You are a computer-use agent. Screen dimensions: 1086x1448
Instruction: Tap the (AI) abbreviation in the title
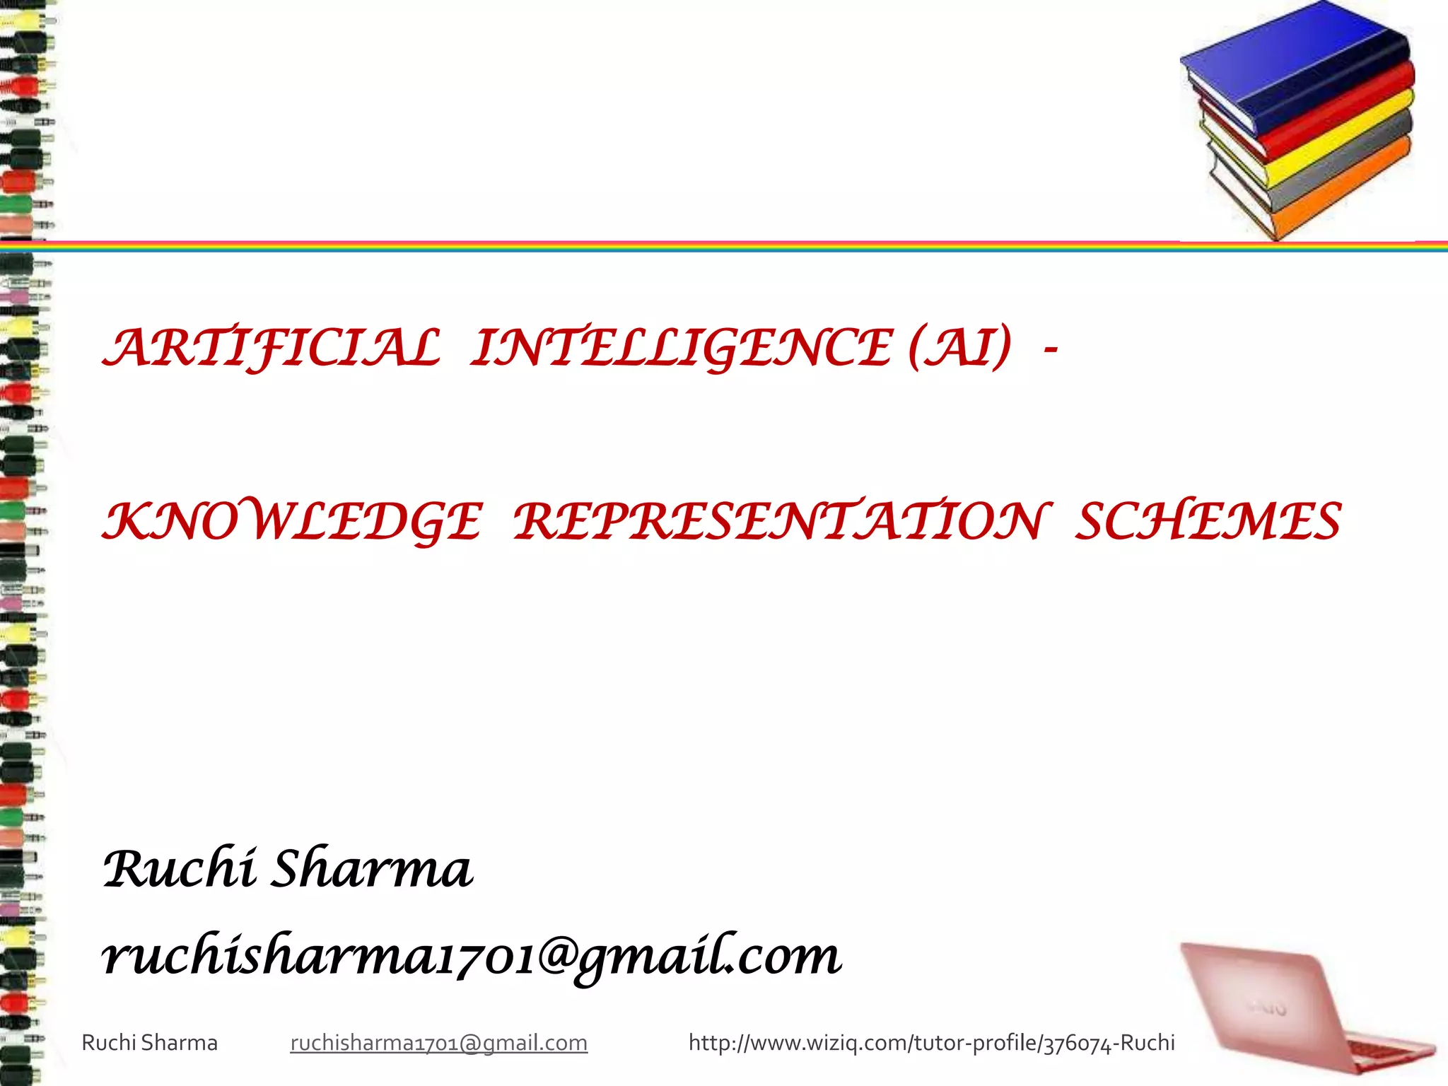click(x=960, y=349)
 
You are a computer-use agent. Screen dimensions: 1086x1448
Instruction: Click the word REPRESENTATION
click(x=778, y=522)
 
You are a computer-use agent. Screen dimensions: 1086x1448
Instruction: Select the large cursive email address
click(x=471, y=956)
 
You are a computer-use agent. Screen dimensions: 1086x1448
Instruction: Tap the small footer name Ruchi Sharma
click(x=150, y=1043)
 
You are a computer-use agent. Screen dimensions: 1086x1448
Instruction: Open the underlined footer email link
click(x=438, y=1043)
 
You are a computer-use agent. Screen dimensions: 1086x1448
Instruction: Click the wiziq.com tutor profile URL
click(x=931, y=1043)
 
